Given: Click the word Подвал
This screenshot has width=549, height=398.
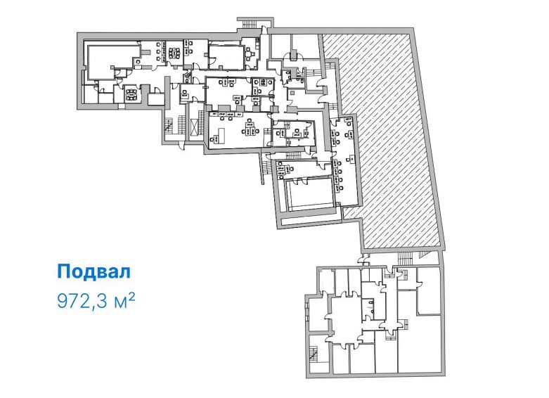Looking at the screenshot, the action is (93, 272).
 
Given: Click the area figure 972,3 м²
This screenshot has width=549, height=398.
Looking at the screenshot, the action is (96, 301).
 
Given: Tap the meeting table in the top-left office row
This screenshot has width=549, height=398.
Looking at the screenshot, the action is (174, 53).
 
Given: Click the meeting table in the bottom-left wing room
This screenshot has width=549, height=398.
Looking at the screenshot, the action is (131, 94).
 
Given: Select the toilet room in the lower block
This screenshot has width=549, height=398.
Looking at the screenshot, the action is (368, 304).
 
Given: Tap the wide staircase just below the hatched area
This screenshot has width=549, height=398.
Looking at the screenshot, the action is (406, 258).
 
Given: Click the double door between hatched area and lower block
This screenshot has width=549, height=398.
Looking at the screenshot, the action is (363, 259).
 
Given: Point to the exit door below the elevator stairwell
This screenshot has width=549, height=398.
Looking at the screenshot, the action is (181, 145).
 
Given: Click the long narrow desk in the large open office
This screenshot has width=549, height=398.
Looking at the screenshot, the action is (220, 135).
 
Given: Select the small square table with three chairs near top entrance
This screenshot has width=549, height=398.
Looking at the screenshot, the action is (250, 54).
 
